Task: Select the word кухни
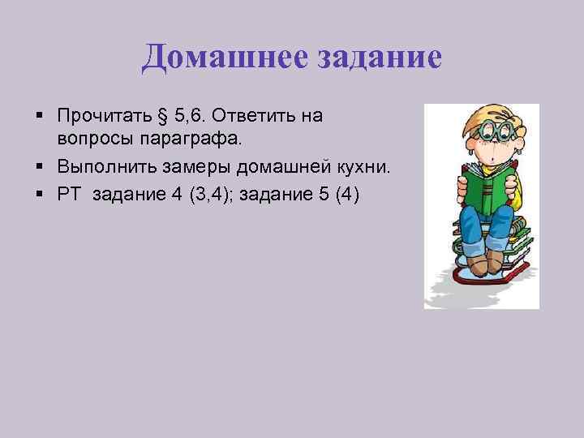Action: pos(354,167)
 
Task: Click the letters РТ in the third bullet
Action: pos(69,195)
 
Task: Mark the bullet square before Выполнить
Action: pos(41,167)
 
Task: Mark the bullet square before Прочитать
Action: pos(41,116)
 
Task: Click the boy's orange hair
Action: pos(487,114)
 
